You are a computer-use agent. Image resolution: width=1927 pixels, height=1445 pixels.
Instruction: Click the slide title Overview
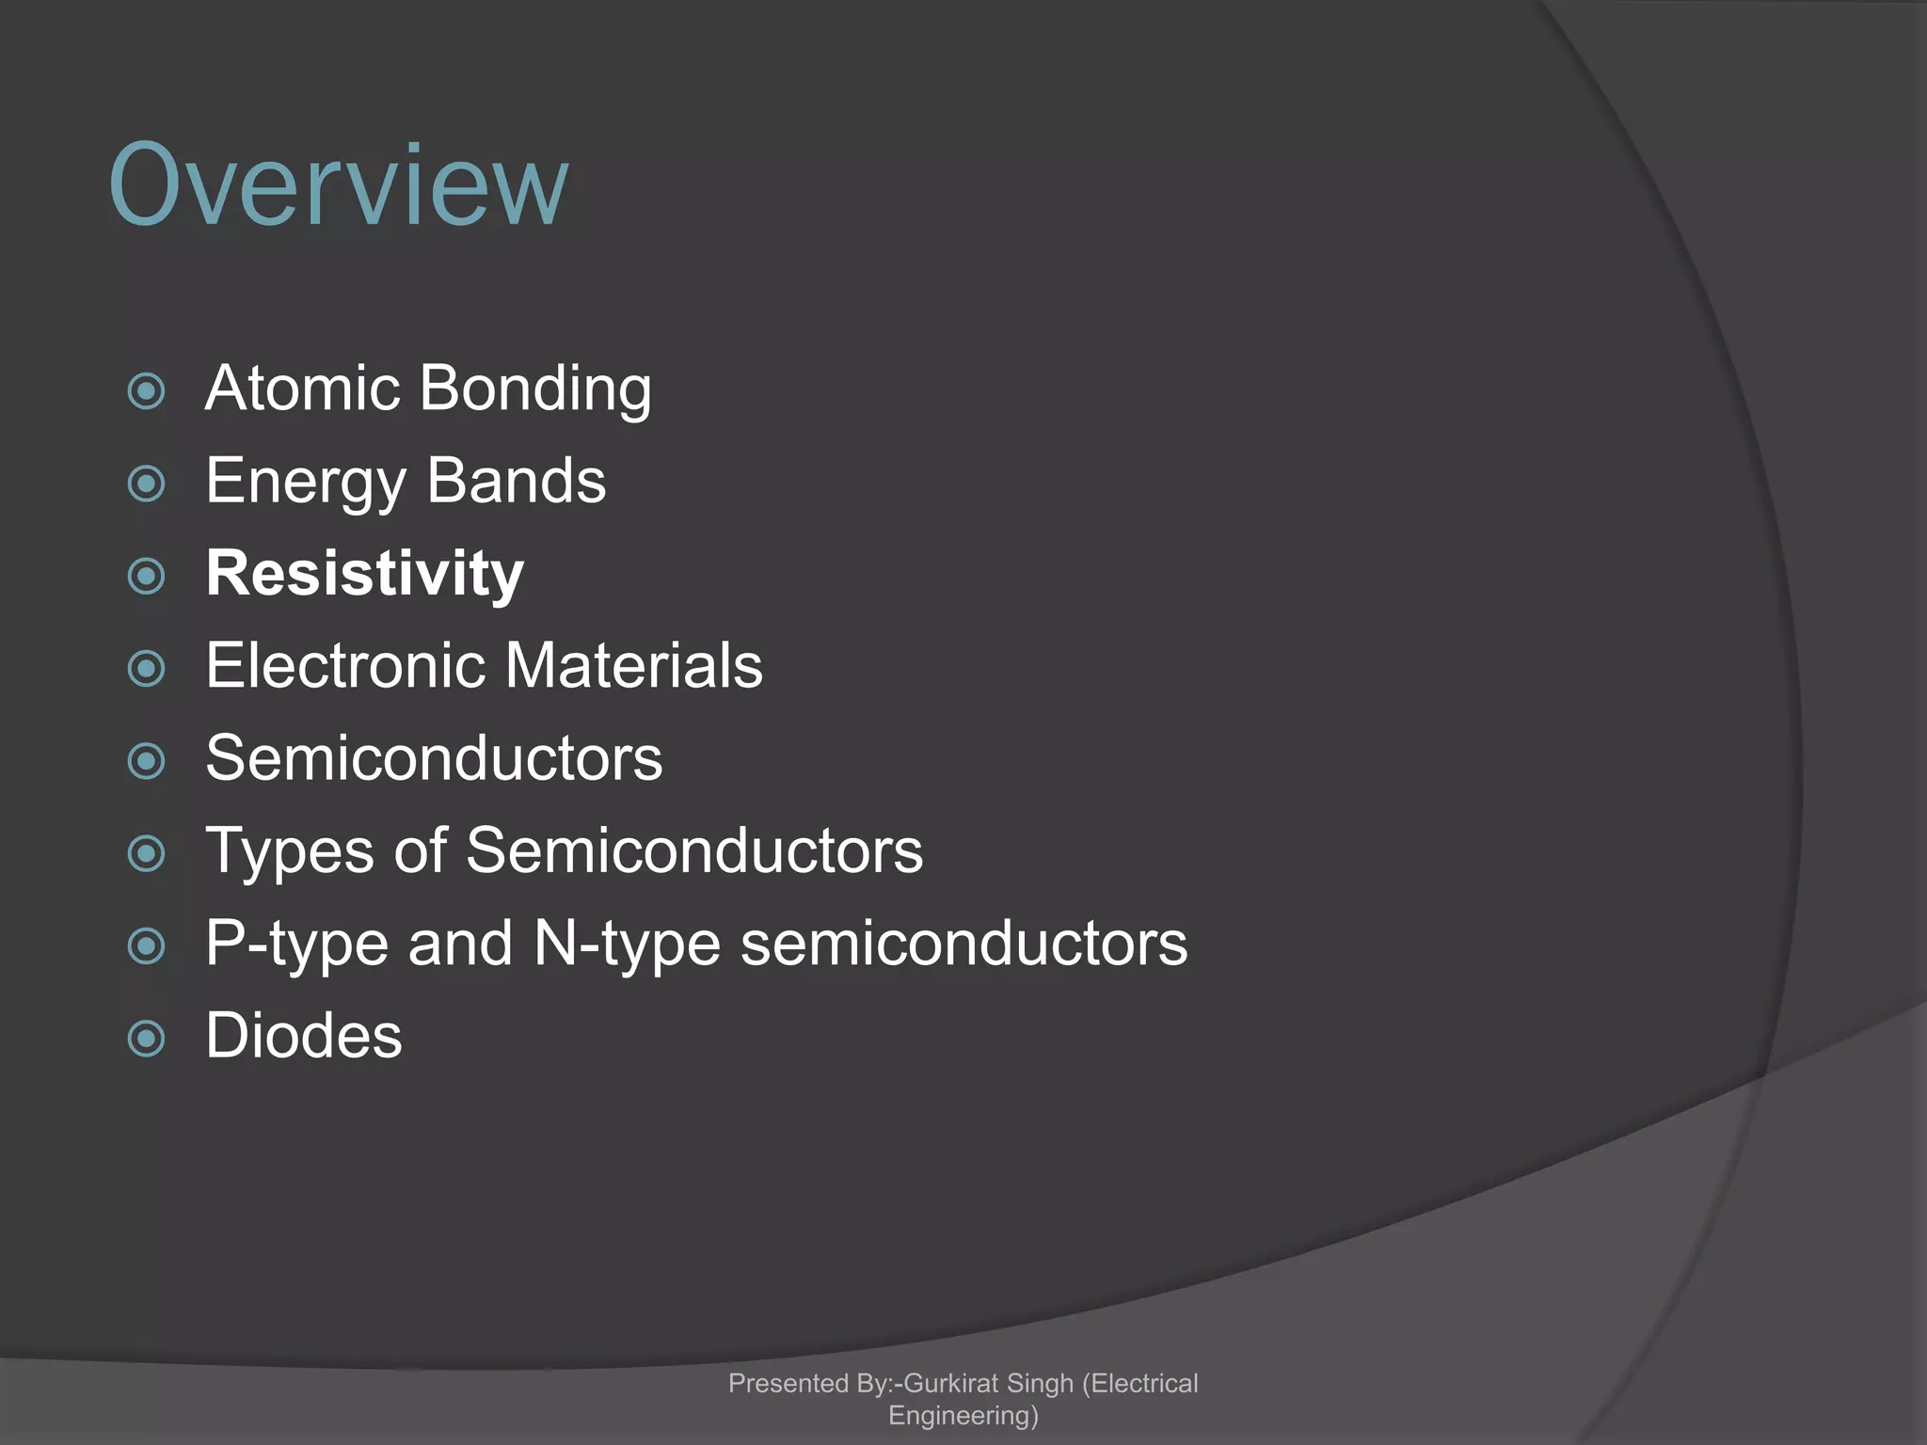339,185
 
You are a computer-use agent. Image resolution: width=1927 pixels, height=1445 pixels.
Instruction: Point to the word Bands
517,481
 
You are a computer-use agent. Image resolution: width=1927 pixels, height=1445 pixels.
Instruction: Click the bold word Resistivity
365,574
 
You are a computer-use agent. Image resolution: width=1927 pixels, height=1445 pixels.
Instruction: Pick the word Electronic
345,665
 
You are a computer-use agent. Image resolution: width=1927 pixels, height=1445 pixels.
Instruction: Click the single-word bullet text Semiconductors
434,758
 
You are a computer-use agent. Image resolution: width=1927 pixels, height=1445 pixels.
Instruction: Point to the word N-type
628,944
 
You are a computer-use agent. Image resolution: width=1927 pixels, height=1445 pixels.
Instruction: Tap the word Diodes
304,1036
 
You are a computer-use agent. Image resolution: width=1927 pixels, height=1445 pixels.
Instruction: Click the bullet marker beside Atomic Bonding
147,391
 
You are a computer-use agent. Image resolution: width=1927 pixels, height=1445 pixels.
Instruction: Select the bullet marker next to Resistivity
147,576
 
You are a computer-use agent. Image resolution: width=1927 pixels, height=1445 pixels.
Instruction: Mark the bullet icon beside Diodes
147,1039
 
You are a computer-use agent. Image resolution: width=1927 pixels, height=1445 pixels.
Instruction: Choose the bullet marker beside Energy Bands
147,484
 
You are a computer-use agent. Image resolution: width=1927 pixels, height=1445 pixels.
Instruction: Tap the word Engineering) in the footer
963,1416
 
